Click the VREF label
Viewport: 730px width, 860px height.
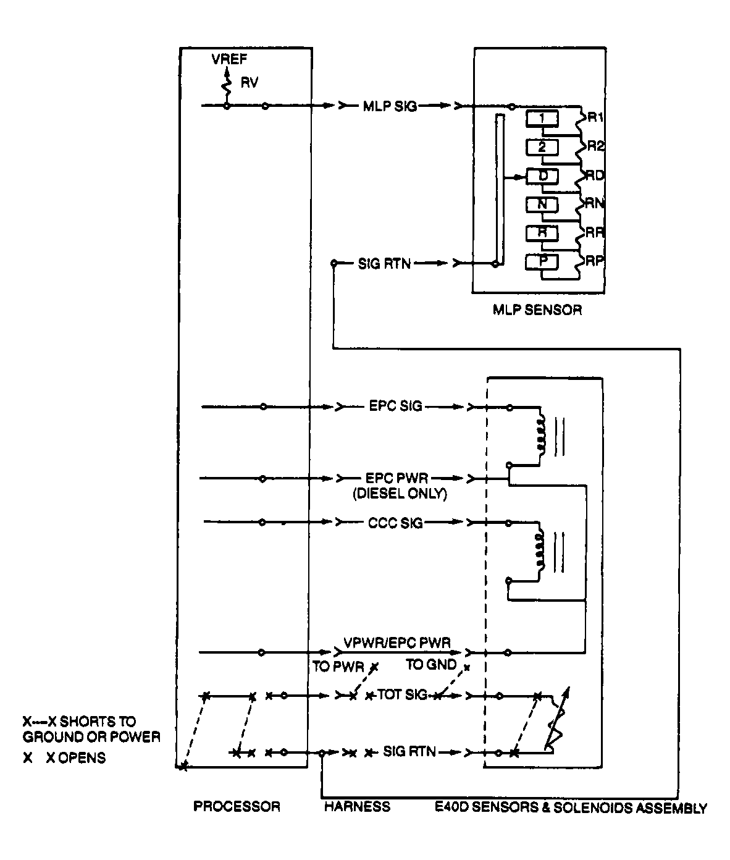point(229,60)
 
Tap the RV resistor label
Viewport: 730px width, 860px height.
point(249,82)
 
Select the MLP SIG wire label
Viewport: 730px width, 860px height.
point(390,106)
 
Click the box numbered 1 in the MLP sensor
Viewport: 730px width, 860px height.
point(542,118)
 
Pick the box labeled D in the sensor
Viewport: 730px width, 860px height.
point(542,176)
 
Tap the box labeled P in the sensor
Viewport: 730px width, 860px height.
point(542,261)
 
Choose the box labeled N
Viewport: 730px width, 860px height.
point(542,204)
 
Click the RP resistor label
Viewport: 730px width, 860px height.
point(594,261)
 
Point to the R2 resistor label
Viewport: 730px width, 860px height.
point(595,146)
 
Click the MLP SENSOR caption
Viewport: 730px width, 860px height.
point(537,310)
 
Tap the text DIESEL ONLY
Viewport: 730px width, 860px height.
point(400,494)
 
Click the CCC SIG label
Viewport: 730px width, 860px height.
point(395,523)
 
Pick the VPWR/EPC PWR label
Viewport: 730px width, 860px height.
point(396,643)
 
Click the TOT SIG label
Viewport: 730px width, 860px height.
point(402,695)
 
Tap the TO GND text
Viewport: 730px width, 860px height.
point(431,665)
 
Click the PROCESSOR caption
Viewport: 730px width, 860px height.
point(237,806)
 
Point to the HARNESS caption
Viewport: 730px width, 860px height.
point(357,806)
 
